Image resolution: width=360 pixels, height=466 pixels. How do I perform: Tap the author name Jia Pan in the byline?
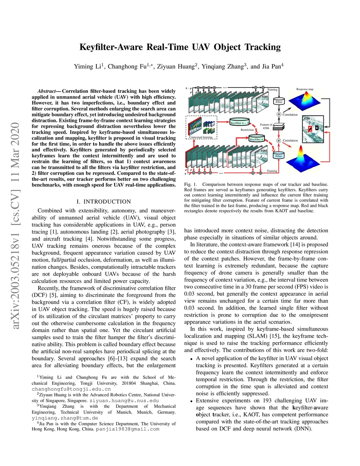[x=271, y=66]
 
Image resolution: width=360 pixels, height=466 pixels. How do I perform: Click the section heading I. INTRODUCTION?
[x=104, y=202]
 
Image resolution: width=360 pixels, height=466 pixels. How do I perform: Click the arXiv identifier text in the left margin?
[x=15, y=225]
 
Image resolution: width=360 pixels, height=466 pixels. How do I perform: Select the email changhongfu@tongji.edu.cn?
[x=71, y=389]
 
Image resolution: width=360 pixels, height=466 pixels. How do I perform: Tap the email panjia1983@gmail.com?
[x=128, y=429]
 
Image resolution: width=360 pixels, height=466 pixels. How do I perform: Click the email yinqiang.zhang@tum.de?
[x=65, y=418]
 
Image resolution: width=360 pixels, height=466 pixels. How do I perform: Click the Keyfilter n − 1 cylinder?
[x=239, y=123]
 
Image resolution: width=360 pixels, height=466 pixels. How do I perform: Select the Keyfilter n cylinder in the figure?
[x=256, y=139]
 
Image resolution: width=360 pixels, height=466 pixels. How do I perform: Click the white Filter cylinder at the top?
[x=279, y=102]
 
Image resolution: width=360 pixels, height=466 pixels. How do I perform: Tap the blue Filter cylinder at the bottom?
[x=279, y=156]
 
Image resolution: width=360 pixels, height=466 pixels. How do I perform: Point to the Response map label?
[x=304, y=89]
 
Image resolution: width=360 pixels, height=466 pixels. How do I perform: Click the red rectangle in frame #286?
[x=310, y=129]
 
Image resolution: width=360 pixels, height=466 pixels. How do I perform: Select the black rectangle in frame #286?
[x=317, y=128]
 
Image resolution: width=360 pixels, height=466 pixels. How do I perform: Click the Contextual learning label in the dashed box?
[x=201, y=137]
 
